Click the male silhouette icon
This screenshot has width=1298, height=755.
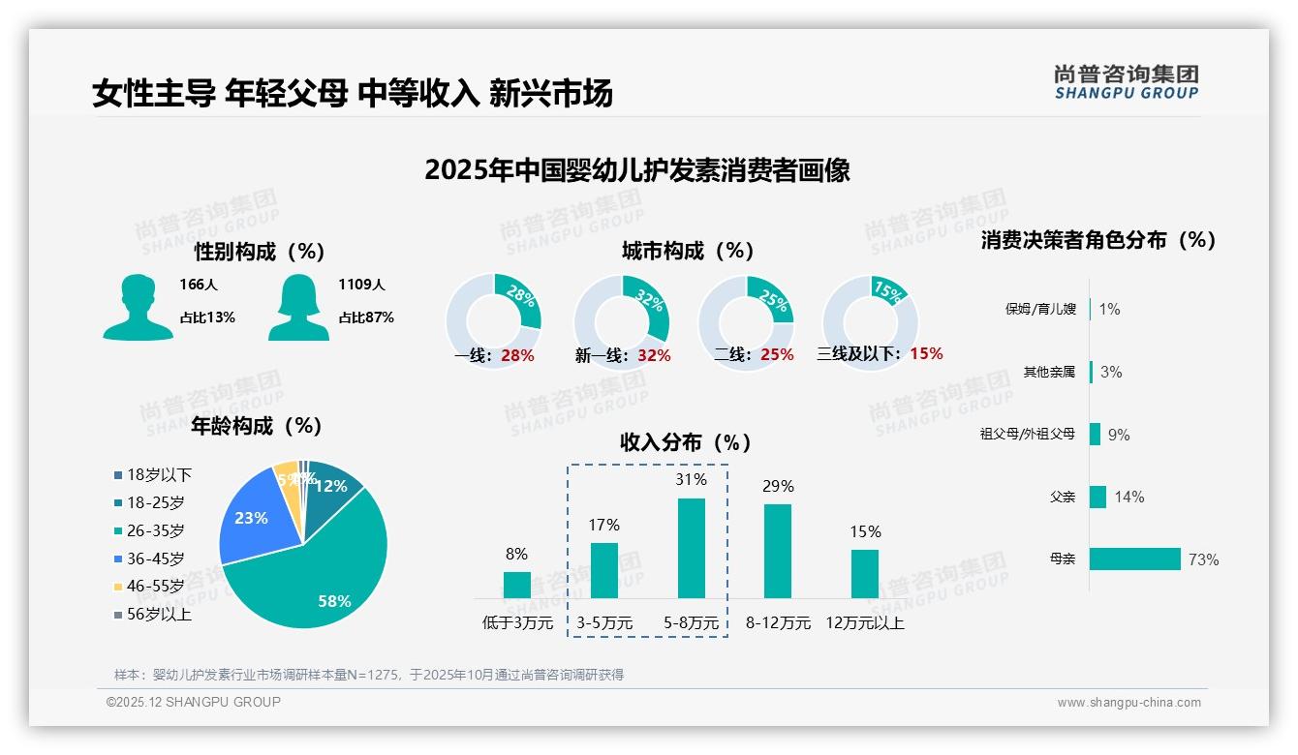138,307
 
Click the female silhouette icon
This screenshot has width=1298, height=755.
298,307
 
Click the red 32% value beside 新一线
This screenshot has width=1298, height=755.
654,355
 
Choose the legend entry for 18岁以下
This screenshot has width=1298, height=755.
152,474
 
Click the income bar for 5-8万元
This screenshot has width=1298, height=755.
691,548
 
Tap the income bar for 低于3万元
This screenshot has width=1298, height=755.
516,585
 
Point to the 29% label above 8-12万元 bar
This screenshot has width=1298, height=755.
778,486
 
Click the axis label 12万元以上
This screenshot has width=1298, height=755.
864,623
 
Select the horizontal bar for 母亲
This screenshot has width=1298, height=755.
1134,559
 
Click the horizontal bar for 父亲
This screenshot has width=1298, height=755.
1097,497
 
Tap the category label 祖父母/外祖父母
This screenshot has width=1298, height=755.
1027,435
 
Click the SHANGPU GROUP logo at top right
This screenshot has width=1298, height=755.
1126,82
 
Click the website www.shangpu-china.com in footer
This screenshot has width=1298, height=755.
1128,703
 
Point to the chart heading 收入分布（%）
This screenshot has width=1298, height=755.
686,442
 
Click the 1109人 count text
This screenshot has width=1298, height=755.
361,285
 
